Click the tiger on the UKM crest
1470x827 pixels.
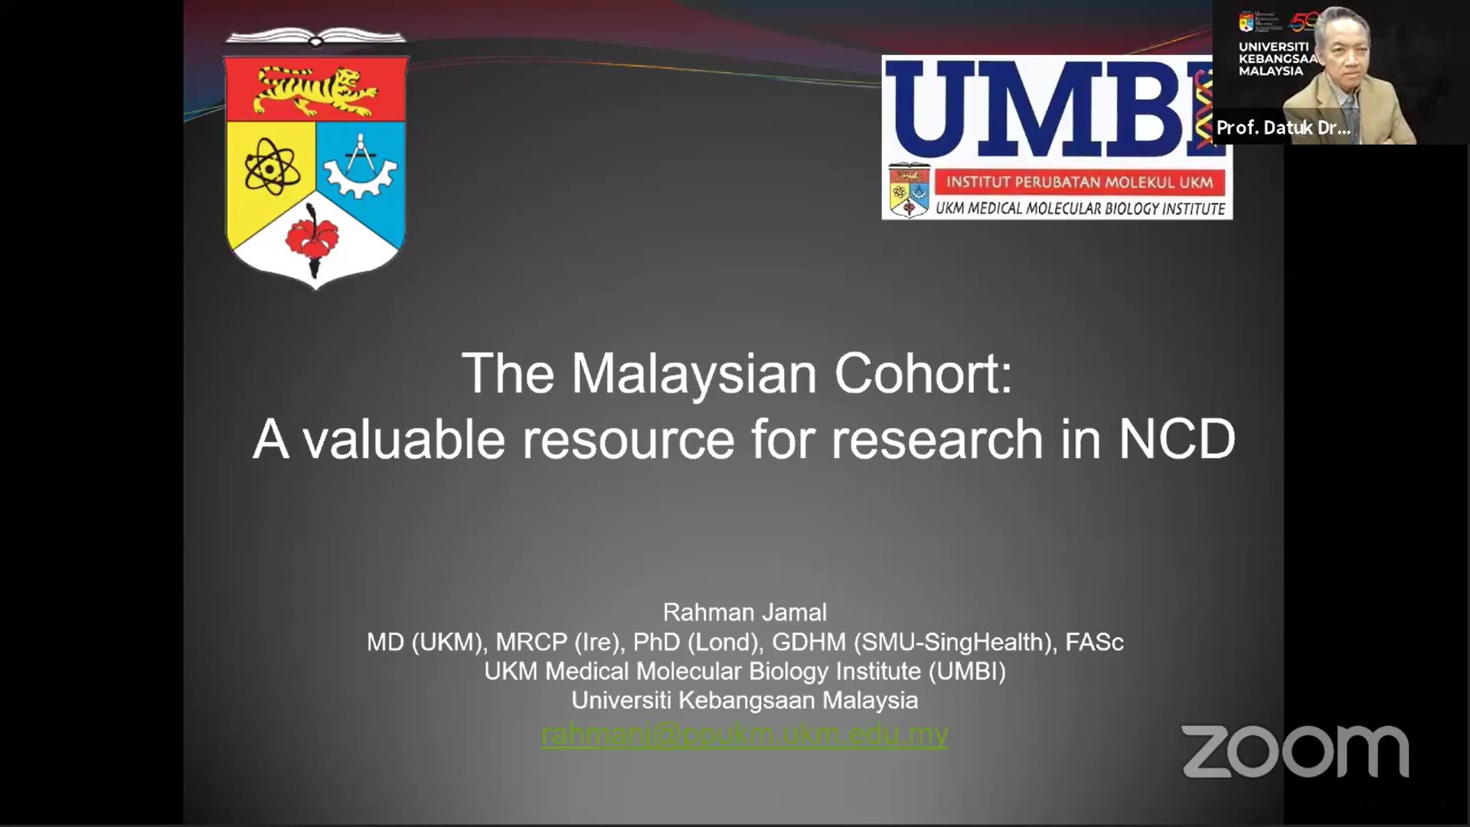click(x=316, y=90)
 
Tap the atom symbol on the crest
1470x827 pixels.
click(x=272, y=165)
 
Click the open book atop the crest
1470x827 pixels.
click(x=315, y=36)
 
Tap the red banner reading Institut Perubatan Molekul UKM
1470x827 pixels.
click(x=1080, y=182)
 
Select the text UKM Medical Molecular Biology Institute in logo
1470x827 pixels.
click(x=1080, y=208)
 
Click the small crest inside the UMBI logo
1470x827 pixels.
click(x=910, y=191)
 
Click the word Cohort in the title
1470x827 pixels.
click(x=923, y=373)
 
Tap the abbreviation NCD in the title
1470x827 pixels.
click(x=1177, y=439)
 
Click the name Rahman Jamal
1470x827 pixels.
click(x=744, y=612)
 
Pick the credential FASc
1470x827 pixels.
click(x=1094, y=642)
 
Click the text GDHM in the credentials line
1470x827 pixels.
click(x=808, y=642)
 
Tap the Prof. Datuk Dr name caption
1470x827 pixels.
click(x=1283, y=128)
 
